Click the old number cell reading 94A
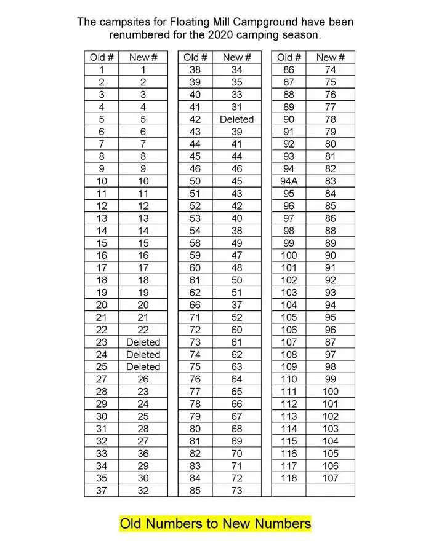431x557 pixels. tap(288, 181)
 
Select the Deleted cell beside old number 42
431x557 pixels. tap(236, 119)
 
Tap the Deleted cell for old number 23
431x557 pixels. tap(143, 342)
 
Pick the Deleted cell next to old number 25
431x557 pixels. tap(143, 367)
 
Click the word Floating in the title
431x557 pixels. tap(178, 22)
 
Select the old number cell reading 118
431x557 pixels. tap(288, 478)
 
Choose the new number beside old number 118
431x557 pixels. tap(330, 478)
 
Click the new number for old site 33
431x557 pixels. tap(143, 454)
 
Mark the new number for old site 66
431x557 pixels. tap(236, 305)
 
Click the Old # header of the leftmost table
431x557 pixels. tap(102, 57)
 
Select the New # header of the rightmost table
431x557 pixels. tap(330, 57)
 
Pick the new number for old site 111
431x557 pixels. tap(330, 392)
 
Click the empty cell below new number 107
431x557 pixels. tap(330, 491)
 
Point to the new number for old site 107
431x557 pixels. tap(330, 342)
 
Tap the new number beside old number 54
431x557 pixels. tap(236, 231)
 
